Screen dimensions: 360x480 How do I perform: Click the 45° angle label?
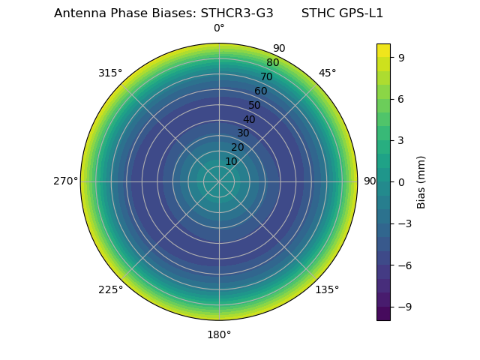[x=327, y=73]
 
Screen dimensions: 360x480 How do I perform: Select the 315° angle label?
[x=110, y=73]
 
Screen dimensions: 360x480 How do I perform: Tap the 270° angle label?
[x=65, y=181]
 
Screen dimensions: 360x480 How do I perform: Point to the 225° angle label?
[x=110, y=290]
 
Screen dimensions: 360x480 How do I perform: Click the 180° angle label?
[x=219, y=334]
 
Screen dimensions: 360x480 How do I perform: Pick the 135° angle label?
[x=327, y=290]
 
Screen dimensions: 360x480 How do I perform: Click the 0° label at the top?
[x=219, y=28]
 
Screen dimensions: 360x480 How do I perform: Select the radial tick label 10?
[x=231, y=162]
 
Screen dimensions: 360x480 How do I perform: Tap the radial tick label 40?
[x=249, y=119]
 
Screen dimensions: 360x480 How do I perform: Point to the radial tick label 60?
[x=261, y=91]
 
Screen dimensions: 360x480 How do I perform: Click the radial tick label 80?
[x=272, y=63]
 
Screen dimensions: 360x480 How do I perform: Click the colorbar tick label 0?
[x=401, y=181]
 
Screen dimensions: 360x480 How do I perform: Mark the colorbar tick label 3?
[x=401, y=140]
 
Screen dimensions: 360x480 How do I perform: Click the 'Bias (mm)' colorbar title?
[x=421, y=181]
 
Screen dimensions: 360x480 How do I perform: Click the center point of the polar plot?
[x=219, y=181]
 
